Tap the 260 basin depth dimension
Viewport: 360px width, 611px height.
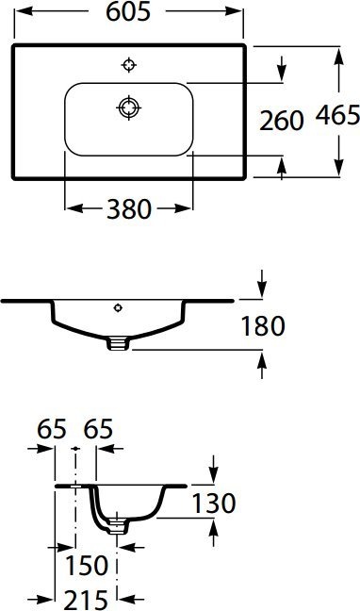282,120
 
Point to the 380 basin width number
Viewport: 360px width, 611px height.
128,209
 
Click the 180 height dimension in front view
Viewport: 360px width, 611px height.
263,326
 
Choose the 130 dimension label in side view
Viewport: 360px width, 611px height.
213,503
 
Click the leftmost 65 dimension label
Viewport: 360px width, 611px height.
52,430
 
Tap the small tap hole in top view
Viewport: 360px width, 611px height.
129,64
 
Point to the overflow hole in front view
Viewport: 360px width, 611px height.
118,307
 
